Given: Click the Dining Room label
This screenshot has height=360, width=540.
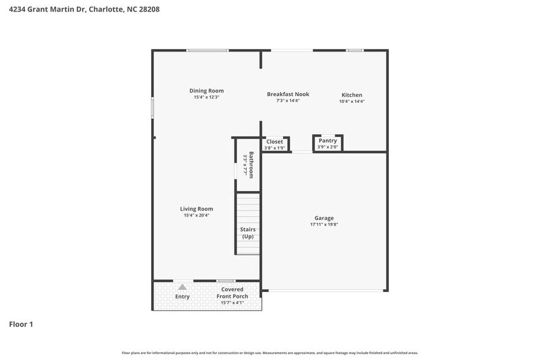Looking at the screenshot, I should (206, 91).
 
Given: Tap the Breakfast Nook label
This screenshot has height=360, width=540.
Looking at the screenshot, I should (288, 94).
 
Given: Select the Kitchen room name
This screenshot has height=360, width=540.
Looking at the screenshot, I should (352, 95).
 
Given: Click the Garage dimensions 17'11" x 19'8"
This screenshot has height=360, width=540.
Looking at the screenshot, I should (324, 225).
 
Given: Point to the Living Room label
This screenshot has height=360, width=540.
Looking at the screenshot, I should (197, 209).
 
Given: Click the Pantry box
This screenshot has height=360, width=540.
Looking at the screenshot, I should (328, 143).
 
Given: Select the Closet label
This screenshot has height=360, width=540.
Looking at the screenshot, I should (274, 141).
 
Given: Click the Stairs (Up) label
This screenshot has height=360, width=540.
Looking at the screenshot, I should (248, 233).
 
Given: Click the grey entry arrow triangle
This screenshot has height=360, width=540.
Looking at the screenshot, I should (182, 287).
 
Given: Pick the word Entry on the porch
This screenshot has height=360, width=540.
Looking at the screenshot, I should (182, 297).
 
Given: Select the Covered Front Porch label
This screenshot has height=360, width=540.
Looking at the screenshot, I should (232, 293).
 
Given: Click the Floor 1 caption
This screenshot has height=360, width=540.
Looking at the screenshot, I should (21, 324).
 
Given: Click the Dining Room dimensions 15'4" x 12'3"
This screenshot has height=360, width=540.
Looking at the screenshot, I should (206, 97).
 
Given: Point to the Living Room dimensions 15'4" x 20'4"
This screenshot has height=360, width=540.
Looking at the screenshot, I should (197, 216).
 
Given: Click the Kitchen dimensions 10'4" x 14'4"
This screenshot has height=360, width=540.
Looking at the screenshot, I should (352, 102).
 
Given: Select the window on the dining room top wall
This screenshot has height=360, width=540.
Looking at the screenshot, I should (208, 50).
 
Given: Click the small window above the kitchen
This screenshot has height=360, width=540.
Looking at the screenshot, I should (354, 50).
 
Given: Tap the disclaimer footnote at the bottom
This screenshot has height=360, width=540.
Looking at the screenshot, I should (270, 353).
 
